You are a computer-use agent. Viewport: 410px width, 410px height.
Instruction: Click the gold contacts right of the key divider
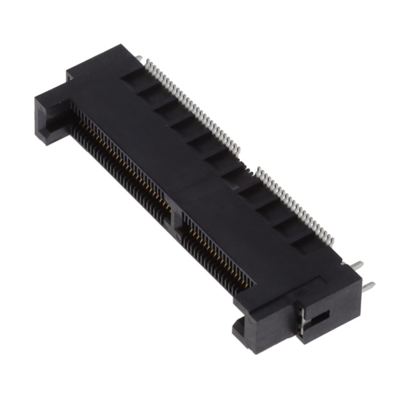(218, 247)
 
